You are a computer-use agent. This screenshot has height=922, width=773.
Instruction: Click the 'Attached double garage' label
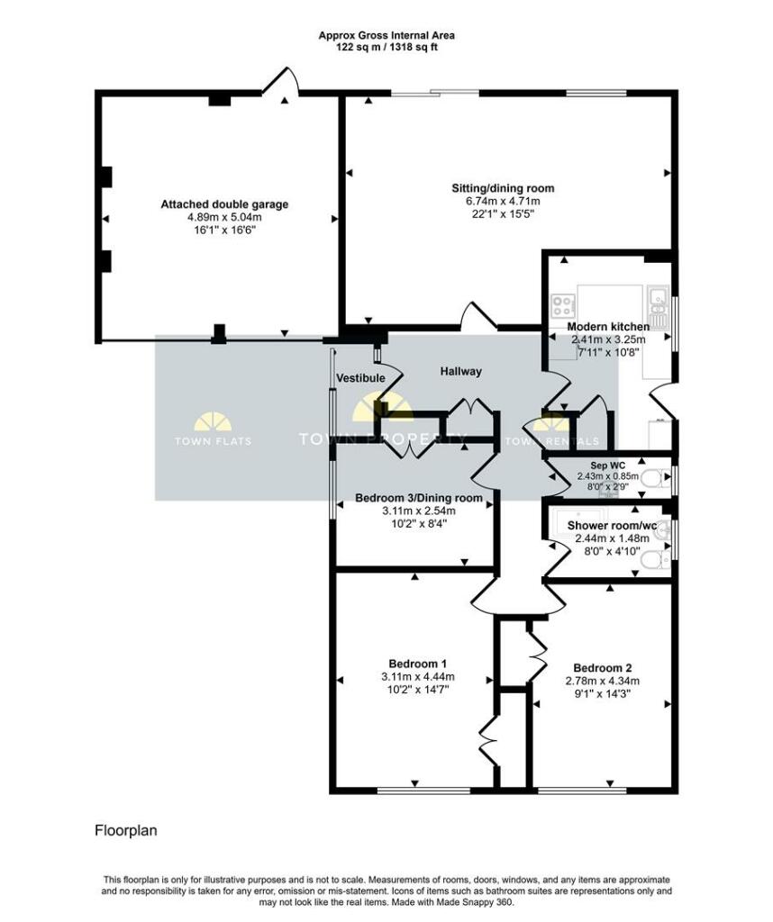224,204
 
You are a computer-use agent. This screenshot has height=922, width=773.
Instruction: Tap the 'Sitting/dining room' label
503,189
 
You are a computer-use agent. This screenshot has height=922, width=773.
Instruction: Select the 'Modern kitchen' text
608,326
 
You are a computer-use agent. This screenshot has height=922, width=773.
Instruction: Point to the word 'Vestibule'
360,378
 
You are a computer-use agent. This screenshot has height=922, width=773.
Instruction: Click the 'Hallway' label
461,372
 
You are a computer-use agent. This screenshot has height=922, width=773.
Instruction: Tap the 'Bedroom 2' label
603,668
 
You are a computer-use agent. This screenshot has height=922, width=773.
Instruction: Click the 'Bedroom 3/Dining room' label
419,498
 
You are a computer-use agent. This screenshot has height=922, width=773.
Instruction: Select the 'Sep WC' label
608,466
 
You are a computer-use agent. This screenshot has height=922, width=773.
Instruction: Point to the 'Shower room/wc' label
612,526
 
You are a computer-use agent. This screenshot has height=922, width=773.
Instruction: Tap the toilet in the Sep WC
655,478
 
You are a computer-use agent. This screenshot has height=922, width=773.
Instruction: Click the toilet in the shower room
655,560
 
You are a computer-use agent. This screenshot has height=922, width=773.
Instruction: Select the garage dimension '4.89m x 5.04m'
224,218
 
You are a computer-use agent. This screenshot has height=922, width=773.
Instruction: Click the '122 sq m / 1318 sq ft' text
386,47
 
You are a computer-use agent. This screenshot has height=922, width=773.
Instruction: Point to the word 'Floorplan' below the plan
126,831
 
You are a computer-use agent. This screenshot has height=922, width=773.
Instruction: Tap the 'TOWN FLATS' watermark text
213,441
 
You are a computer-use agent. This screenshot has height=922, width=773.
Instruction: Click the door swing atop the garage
280,81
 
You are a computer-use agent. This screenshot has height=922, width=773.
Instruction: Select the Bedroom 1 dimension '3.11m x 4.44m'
418,677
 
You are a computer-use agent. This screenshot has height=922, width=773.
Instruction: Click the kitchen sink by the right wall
658,305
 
